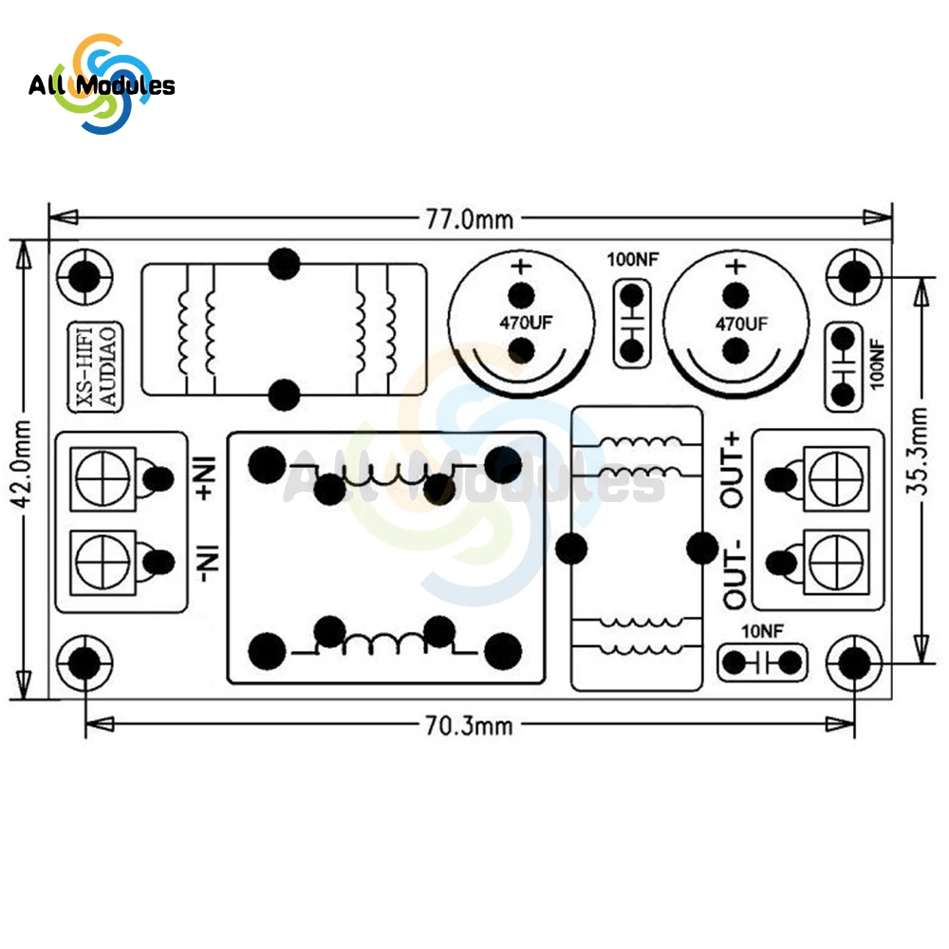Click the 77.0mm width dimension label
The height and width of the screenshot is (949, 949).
click(x=469, y=219)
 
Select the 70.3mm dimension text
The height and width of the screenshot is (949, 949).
click(x=469, y=726)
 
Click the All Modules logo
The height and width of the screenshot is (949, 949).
click(x=101, y=85)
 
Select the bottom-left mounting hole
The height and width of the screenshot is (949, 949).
click(x=84, y=661)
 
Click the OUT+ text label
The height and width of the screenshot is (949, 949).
click(x=735, y=469)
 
